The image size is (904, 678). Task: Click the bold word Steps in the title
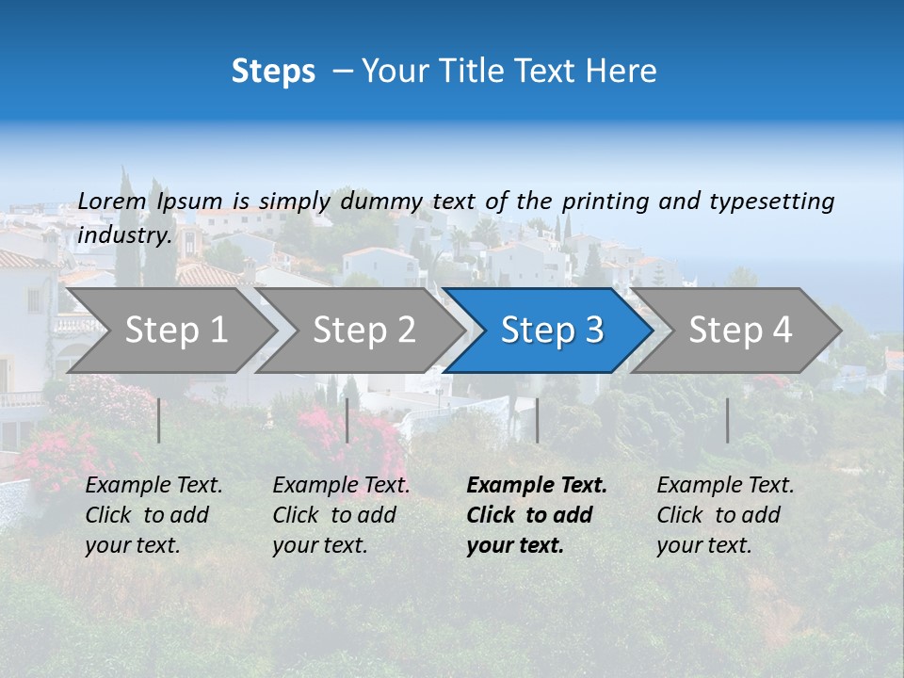[x=273, y=72]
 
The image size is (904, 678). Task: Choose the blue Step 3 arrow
[x=550, y=330]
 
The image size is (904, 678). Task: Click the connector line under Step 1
[x=159, y=420]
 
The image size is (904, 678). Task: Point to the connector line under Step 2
[x=347, y=420]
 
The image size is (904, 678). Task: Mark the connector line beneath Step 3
[x=537, y=420]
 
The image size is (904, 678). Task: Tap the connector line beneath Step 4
[x=728, y=420]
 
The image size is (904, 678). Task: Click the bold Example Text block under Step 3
[x=537, y=515]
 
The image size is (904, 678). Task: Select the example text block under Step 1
[x=153, y=515]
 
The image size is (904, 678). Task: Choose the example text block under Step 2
[x=341, y=515]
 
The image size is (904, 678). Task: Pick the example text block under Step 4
[x=725, y=515]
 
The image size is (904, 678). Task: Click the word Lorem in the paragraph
[x=112, y=201]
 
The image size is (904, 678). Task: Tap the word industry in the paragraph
[x=124, y=234]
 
